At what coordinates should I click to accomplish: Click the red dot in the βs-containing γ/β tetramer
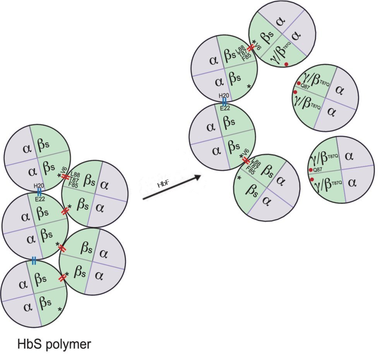point(286,64)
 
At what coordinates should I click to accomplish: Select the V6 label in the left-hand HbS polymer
point(64,170)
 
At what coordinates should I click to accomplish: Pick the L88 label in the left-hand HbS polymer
point(76,175)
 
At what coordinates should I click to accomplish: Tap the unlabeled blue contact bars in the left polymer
point(34,261)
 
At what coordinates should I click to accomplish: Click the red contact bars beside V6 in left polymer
point(65,177)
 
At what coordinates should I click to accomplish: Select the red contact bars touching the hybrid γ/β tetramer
point(251,47)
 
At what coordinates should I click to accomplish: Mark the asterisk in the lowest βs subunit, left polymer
point(60,309)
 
